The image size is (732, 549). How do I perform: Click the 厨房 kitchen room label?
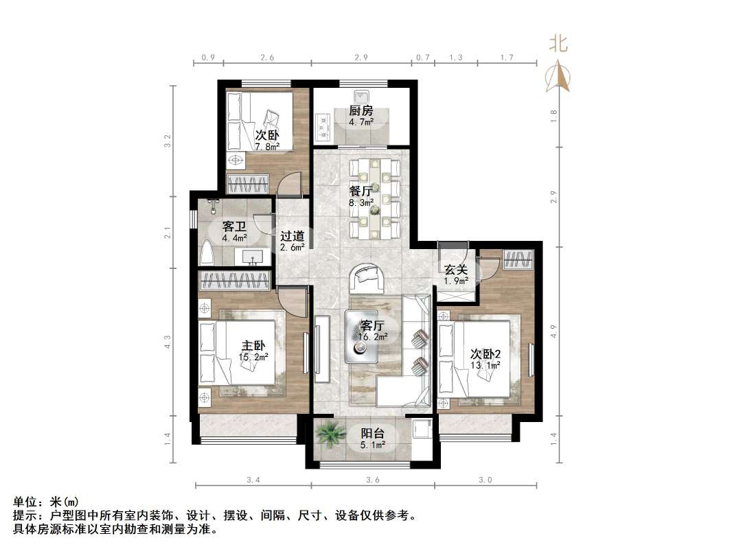pos(361,110)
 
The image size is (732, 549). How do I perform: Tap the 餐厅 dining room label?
pos(361,191)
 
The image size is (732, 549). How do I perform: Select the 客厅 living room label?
pos(371,325)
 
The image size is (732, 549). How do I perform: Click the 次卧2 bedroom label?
pos(485,353)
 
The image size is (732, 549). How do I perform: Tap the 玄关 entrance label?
pos(455,269)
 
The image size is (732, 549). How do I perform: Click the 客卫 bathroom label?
pos(234,226)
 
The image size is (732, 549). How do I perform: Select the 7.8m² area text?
pos(267,147)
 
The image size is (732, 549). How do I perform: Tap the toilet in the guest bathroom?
pos(207,253)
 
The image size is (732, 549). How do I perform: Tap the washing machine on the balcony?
pos(420,430)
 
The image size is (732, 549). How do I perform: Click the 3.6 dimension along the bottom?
pos(373,480)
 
